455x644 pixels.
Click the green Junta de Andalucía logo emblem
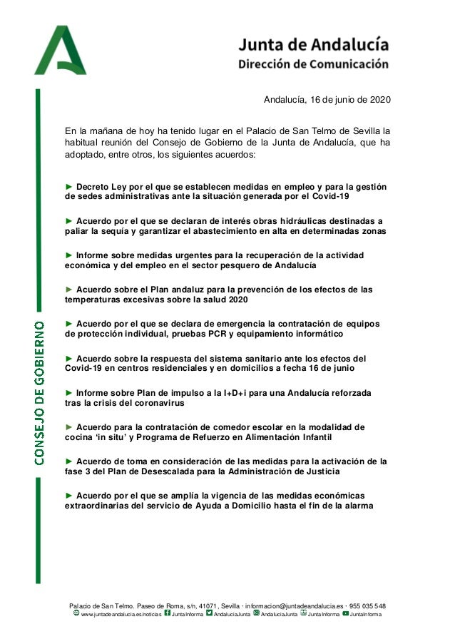(60, 51)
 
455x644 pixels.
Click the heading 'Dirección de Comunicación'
(313, 63)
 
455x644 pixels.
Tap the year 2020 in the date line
(379, 100)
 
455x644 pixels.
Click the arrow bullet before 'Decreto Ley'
(69, 187)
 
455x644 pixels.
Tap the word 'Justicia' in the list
(319, 471)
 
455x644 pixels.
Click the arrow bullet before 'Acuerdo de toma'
(69, 461)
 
